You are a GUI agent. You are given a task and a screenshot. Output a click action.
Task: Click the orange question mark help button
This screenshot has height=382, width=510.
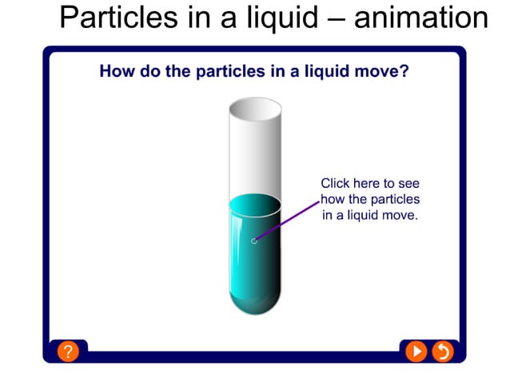tap(68, 351)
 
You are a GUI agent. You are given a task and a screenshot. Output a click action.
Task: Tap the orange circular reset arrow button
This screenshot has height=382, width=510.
tap(442, 351)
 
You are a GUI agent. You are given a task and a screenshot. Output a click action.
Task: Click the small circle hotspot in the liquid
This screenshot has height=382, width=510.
tap(254, 241)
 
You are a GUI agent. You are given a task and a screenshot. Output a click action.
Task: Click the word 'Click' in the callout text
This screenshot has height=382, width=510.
tap(337, 183)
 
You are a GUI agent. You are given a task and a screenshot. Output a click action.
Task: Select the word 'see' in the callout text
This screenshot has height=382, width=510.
tap(408, 183)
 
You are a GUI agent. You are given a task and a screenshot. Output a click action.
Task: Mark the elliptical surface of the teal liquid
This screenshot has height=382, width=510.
tap(255, 204)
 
